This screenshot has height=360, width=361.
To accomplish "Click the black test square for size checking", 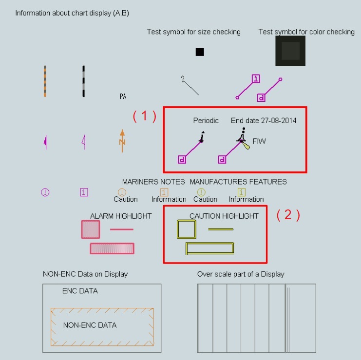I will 200,52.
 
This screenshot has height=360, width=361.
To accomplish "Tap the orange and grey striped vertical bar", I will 45,81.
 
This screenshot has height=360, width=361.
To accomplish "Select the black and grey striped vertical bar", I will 84,81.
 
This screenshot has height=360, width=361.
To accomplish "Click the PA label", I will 123,97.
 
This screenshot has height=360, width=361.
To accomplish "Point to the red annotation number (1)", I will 145,116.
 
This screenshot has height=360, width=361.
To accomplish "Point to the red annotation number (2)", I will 288,215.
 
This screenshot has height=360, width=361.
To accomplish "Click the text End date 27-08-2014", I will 264,120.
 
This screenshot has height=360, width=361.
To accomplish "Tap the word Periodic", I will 206,120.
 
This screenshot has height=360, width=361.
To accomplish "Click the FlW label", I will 259,141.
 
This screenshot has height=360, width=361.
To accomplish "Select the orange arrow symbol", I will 122,140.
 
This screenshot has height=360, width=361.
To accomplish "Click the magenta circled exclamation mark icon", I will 45,192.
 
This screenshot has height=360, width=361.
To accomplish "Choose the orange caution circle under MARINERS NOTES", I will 122,192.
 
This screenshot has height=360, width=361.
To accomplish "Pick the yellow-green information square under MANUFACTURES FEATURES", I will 241,192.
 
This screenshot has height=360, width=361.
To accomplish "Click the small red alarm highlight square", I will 91,229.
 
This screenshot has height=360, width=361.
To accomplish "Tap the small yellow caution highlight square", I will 186,229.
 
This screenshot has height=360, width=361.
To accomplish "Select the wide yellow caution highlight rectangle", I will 210,248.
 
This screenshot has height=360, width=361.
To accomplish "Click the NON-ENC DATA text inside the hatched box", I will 90,325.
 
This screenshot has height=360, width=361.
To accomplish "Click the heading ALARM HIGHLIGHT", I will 121,216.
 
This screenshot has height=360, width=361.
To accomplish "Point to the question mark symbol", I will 183,79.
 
